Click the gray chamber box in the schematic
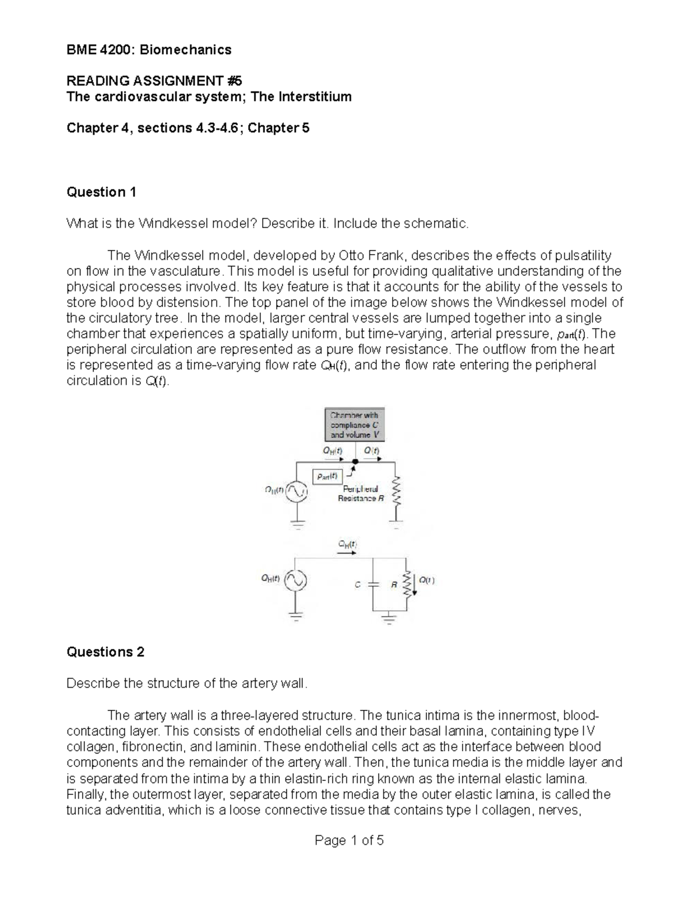pos(354,425)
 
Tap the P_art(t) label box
pos(327,476)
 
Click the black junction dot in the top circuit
pos(355,462)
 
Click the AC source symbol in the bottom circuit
pos(295,580)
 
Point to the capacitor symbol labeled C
pos(373,583)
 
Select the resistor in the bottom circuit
pos(407,583)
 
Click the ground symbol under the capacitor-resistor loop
pos(389,618)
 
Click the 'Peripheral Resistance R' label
pos(361,494)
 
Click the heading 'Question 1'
pos(101,192)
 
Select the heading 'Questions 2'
pos(105,652)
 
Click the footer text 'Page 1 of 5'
pos(349,840)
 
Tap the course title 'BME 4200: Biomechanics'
pos(149,50)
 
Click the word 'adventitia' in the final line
pos(129,810)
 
